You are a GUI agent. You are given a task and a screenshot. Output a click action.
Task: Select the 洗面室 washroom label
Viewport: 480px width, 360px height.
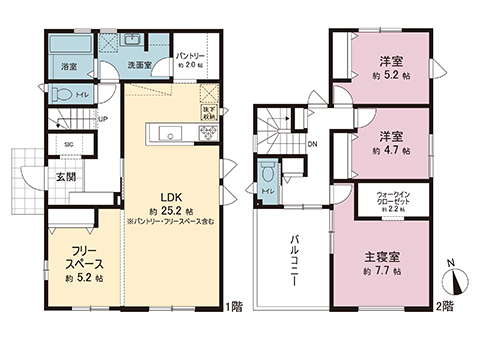(x=137, y=66)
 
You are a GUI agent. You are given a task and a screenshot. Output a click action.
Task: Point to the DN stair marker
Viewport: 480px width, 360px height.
(x=312, y=143)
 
